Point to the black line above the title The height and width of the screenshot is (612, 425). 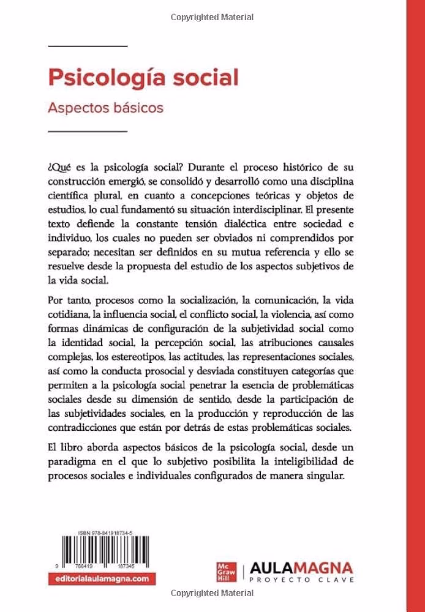[x=87, y=46]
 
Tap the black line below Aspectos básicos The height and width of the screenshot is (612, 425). [x=87, y=131]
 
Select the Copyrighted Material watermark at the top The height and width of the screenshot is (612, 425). [x=212, y=18]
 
